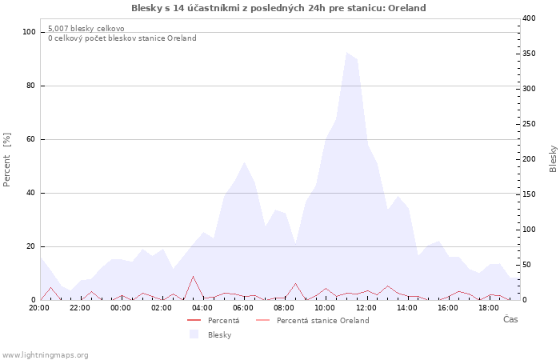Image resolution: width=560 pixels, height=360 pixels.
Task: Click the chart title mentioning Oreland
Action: [278, 8]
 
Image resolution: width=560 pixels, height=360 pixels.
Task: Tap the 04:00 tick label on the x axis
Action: [202, 307]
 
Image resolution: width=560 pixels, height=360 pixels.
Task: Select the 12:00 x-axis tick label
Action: [366, 307]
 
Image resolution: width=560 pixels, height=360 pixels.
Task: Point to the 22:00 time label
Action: [80, 307]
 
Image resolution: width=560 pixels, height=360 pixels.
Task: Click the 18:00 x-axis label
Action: [488, 307]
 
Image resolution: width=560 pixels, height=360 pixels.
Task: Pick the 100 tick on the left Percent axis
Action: [30, 32]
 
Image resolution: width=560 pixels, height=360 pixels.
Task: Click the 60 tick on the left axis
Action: [32, 139]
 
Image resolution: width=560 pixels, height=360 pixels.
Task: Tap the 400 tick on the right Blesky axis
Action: [530, 18]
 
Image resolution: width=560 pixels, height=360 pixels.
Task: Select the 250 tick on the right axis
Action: [530, 124]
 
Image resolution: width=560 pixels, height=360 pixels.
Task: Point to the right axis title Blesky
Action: [553, 158]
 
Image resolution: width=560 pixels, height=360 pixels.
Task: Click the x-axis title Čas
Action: [510, 320]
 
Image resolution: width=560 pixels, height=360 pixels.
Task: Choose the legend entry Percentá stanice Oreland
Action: [322, 321]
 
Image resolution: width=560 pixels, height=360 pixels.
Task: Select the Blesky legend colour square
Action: [194, 334]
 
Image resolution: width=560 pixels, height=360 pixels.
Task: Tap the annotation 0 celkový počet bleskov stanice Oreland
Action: [122, 38]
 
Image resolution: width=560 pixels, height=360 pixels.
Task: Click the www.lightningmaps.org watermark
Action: [45, 355]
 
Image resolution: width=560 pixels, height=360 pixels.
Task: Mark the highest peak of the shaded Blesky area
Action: [347, 53]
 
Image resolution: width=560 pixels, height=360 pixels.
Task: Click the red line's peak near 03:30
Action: [193, 277]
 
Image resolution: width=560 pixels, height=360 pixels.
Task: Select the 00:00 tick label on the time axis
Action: [121, 307]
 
